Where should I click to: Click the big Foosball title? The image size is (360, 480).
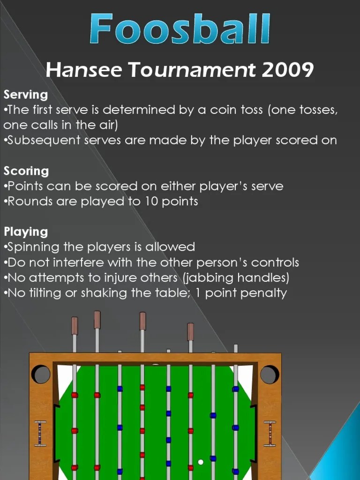click(x=180, y=29)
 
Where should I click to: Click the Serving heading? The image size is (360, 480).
click(x=26, y=95)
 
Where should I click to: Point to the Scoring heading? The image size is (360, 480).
click(x=26, y=171)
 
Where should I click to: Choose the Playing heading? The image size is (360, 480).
click(x=26, y=232)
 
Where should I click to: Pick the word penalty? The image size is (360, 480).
click(x=265, y=293)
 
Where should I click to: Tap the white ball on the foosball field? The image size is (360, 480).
click(x=201, y=462)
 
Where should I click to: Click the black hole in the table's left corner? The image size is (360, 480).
click(x=41, y=374)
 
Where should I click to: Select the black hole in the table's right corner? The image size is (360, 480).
click(x=270, y=374)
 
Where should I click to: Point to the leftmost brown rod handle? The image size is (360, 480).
click(x=75, y=326)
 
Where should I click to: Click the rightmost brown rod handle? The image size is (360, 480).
click(x=190, y=331)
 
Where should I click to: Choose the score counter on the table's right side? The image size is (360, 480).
click(x=270, y=434)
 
